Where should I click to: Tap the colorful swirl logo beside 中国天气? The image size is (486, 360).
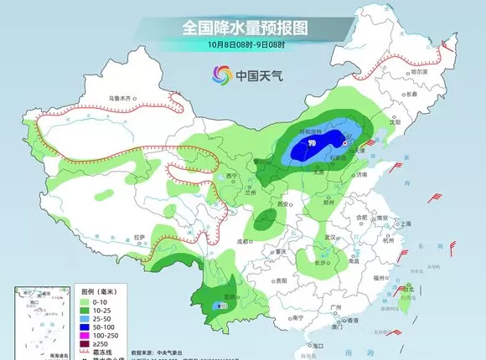(222, 75)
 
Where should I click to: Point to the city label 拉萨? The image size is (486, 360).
(140, 237)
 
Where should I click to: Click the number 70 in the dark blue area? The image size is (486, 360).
(311, 144)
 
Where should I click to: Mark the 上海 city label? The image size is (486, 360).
(405, 224)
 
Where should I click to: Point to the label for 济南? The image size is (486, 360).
(361, 175)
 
